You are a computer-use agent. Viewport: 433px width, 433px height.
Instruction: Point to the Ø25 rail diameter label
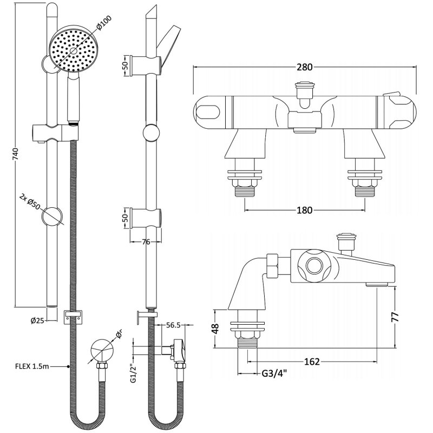point(37,319)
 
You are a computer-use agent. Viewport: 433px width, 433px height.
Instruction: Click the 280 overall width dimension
point(305,67)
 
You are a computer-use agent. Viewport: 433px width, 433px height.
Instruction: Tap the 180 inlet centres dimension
point(305,211)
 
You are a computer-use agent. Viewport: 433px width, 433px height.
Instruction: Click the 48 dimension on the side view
point(216,328)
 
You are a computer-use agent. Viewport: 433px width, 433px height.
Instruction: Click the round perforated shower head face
point(68,49)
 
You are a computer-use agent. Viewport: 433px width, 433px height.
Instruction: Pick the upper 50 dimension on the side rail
point(125,65)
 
